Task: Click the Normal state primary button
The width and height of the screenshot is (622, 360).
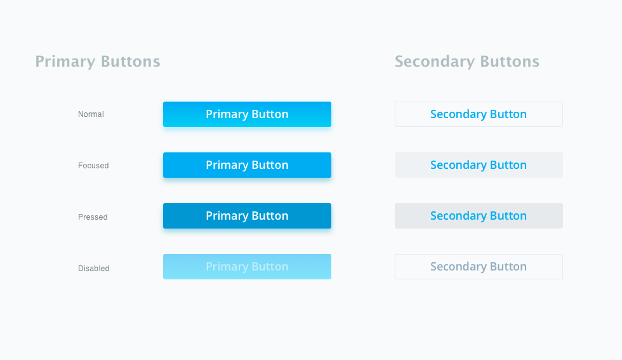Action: tap(247, 114)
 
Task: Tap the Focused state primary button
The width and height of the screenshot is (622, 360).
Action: tap(247, 165)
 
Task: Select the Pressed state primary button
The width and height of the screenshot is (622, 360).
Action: tap(247, 216)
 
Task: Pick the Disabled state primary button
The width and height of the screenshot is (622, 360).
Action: tap(247, 267)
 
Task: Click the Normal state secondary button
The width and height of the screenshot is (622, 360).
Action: tap(479, 114)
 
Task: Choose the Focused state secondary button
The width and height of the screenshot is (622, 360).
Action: tap(479, 165)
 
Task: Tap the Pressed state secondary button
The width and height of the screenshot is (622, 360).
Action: tap(479, 216)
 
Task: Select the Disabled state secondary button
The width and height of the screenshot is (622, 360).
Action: tap(479, 267)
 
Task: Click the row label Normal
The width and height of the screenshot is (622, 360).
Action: tap(91, 114)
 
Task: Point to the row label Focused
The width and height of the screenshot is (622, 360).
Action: tap(93, 166)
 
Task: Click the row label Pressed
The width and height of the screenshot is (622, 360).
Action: tap(93, 217)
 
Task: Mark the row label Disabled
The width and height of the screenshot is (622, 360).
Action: tap(94, 269)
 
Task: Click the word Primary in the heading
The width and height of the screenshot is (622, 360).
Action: tap(65, 62)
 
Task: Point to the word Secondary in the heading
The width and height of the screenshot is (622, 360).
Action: tap(435, 62)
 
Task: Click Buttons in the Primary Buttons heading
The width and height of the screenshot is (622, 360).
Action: tap(131, 62)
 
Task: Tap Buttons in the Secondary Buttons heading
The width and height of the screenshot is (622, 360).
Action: tap(510, 62)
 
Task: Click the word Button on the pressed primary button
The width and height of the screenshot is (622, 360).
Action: tap(270, 215)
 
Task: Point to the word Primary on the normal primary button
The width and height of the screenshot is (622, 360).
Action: tap(227, 115)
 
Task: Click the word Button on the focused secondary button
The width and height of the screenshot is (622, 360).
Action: tap(508, 164)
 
